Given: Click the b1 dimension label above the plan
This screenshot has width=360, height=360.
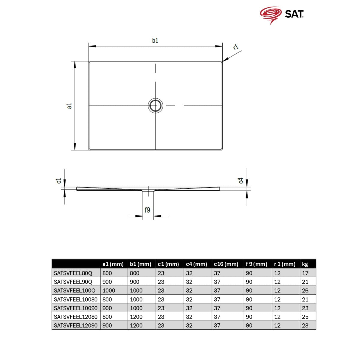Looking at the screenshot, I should click(x=155, y=40).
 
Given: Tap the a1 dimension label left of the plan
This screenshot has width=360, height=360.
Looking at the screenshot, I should click(x=70, y=106).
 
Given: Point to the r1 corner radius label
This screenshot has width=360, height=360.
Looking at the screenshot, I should click(x=236, y=47).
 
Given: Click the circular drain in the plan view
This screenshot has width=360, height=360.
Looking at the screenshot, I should click(x=155, y=106).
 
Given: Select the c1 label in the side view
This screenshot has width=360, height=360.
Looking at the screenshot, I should click(x=59, y=181).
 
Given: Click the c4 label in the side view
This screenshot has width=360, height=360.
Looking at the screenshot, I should click(x=241, y=181).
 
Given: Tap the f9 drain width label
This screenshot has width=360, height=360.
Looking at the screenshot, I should click(x=147, y=210).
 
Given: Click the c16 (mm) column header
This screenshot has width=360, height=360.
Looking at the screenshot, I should click(x=226, y=264).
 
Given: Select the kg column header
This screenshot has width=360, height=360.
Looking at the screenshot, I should click(x=305, y=264).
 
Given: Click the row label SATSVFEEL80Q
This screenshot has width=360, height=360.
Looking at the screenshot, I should click(x=73, y=273).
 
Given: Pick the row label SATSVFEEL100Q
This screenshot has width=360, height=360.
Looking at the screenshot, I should click(x=74, y=290).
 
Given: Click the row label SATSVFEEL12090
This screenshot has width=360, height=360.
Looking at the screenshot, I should click(x=76, y=325).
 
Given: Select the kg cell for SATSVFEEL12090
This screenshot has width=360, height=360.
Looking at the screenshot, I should click(x=305, y=325).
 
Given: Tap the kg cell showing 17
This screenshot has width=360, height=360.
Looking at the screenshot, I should click(x=305, y=273).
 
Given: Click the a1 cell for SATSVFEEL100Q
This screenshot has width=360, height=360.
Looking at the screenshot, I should click(x=109, y=290).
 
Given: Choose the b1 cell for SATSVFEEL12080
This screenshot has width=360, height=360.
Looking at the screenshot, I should click(x=136, y=317).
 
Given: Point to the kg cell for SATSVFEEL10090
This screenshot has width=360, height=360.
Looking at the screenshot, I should click(x=305, y=308).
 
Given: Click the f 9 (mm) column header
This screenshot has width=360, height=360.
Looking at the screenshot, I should click(x=256, y=264).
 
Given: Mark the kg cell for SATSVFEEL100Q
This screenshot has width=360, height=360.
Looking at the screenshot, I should click(x=305, y=290).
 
